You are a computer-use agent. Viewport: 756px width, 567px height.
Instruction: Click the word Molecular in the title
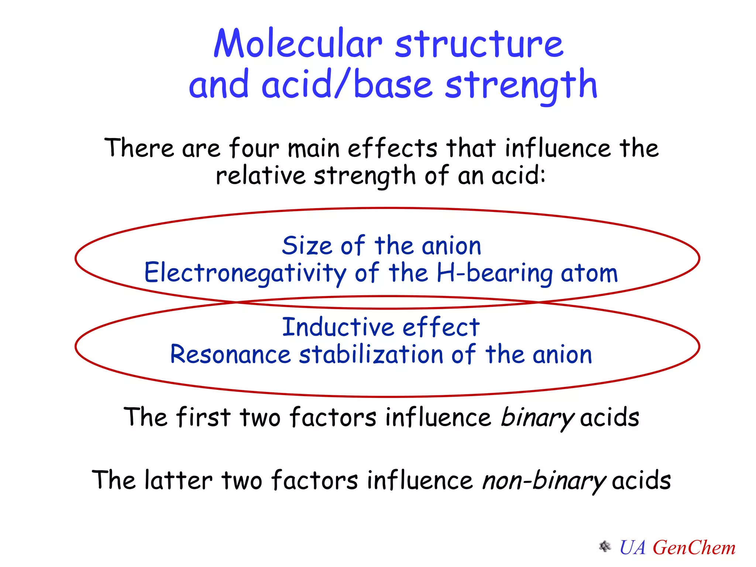pyautogui.click(x=298, y=44)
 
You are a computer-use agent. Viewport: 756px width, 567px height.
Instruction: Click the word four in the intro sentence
pyautogui.click(x=254, y=148)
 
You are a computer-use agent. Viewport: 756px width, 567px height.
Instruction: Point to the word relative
pyautogui.click(x=261, y=175)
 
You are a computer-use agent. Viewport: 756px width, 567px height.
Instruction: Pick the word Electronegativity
pyautogui.click(x=245, y=273)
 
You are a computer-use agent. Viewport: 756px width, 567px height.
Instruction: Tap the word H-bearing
pyautogui.click(x=494, y=273)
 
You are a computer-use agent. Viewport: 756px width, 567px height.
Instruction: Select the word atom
pyautogui.click(x=589, y=273)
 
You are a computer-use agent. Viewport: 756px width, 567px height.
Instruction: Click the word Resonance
pyautogui.click(x=230, y=354)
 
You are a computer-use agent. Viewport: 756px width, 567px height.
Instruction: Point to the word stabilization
pyautogui.click(x=371, y=354)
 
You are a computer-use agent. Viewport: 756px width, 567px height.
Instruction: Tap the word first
pyautogui.click(x=203, y=417)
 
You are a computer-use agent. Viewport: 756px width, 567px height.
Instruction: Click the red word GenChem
pyautogui.click(x=694, y=547)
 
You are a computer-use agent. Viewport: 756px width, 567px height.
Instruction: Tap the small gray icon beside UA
pyautogui.click(x=605, y=547)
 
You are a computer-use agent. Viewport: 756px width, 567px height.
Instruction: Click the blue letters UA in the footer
pyautogui.click(x=633, y=547)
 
